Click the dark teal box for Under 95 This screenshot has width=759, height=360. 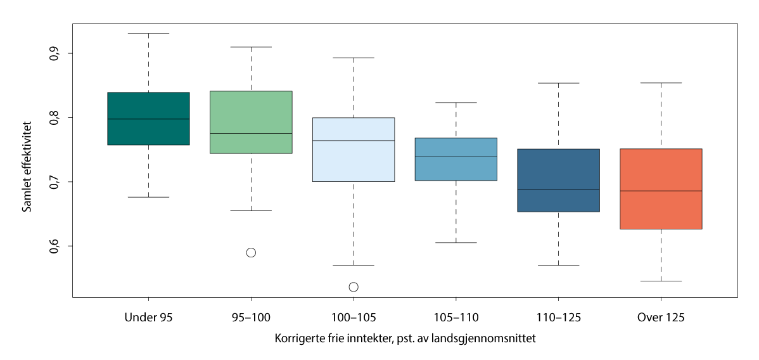[x=148, y=119]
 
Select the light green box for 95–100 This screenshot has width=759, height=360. [x=251, y=122]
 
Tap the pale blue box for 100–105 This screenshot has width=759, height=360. [x=354, y=150]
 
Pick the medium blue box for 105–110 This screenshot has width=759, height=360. [x=456, y=159]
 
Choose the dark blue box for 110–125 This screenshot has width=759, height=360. [x=558, y=180]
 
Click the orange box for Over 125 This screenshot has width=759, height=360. [x=661, y=189]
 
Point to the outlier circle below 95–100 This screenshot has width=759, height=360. [x=251, y=253]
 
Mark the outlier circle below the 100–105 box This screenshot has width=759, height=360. [x=354, y=287]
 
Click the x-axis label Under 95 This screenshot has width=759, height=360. [x=148, y=317]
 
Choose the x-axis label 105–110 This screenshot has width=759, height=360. [x=456, y=317]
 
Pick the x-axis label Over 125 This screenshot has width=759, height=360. [x=661, y=317]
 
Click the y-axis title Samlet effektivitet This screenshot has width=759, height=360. [x=27, y=167]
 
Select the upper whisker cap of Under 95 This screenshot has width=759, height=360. [x=148, y=33]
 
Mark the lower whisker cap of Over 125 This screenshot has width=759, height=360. [x=661, y=281]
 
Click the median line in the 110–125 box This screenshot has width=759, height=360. [x=558, y=190]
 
